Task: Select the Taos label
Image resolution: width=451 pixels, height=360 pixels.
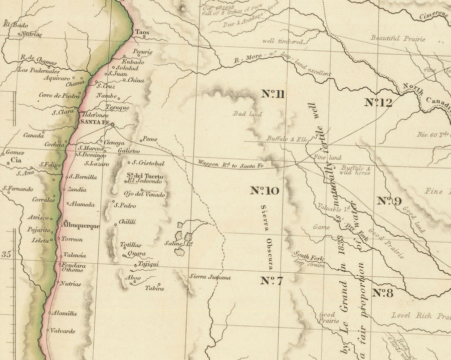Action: (142, 31)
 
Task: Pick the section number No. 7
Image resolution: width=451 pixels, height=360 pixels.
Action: (272, 281)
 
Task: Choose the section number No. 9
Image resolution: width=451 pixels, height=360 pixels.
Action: (389, 201)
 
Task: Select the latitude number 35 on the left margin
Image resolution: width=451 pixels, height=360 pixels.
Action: (6, 255)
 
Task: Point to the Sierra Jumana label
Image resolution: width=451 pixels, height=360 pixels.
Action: (209, 277)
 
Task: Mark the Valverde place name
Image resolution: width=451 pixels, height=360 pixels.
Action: (62, 331)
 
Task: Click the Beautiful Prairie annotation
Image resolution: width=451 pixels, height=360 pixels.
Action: (398, 38)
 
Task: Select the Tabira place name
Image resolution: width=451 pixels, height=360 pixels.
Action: (154, 288)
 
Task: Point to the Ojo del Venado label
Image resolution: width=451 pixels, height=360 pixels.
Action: (143, 194)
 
